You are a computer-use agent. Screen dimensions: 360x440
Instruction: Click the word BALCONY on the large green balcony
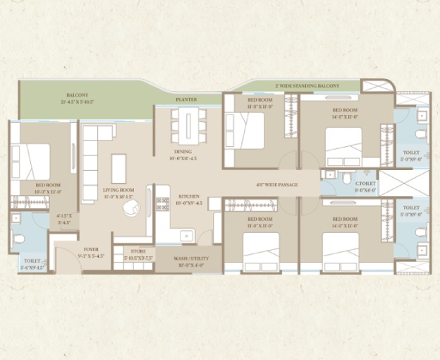tap(77, 95)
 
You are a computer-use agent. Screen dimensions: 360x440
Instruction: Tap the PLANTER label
tap(187, 100)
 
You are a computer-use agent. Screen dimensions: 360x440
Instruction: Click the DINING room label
tap(183, 152)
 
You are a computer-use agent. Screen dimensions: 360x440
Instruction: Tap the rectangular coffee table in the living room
tap(118, 168)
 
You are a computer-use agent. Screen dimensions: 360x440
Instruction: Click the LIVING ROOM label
tap(118, 189)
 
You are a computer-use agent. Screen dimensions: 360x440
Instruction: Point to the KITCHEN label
tap(189, 196)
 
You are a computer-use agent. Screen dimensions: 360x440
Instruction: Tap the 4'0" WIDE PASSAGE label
tap(276, 185)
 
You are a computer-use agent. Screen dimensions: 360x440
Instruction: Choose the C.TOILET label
tap(365, 184)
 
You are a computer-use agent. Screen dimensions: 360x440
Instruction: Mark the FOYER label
tap(91, 249)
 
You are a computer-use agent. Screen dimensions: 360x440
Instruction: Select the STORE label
tap(138, 251)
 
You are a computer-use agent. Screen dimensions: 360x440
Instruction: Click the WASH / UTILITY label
tap(190, 258)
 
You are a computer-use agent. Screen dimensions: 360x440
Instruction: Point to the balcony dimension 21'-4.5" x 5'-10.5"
tap(77, 102)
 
